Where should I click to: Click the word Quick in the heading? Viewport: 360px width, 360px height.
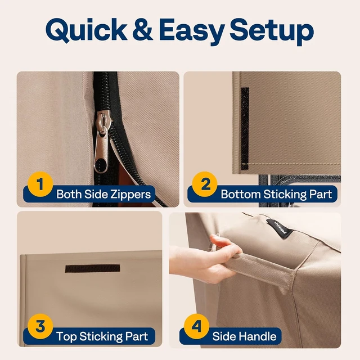click(86, 30)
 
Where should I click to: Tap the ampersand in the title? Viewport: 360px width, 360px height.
click(142, 30)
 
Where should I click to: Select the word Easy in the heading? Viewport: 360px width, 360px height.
click(192, 31)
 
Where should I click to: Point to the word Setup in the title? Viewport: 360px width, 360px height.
click(272, 31)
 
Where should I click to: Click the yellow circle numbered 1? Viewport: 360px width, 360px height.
click(40, 184)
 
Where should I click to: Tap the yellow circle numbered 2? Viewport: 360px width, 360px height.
click(205, 184)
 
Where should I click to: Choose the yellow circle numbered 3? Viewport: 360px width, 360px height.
click(40, 326)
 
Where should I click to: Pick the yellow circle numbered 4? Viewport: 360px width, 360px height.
click(196, 326)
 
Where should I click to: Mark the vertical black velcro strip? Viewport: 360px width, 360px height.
click(245, 129)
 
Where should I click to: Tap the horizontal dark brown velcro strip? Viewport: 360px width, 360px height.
click(92, 268)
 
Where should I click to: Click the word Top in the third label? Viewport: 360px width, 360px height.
click(66, 337)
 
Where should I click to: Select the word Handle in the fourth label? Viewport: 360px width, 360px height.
click(259, 336)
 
